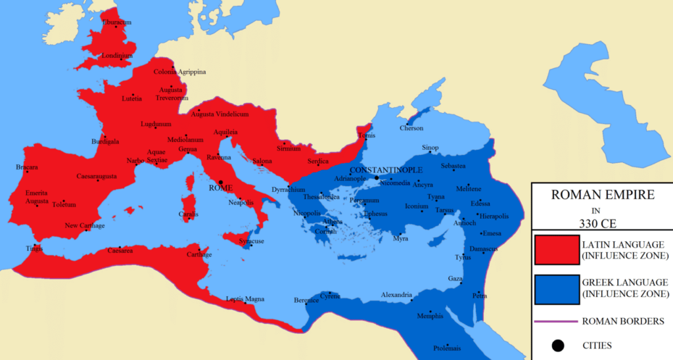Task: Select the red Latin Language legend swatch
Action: tap(556, 251)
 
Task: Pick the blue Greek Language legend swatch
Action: tap(556, 288)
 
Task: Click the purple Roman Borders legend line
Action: tap(556, 322)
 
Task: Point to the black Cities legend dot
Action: tap(557, 344)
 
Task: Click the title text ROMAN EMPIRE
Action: tap(601, 195)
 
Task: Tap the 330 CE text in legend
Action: tap(601, 223)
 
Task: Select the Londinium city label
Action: tap(117, 56)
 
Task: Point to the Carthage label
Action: tap(199, 254)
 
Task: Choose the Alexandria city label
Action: tap(396, 294)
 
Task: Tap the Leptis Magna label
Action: tap(244, 299)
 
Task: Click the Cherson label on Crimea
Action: tap(411, 128)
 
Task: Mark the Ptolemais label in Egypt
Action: tap(447, 348)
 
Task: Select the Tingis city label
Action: tap(34, 248)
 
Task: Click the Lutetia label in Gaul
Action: tap(131, 99)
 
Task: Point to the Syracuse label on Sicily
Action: tap(252, 241)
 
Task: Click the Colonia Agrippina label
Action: tap(179, 72)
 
